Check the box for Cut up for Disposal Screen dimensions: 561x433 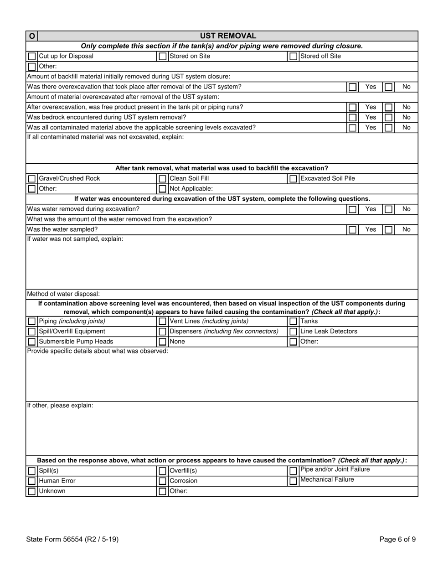[31, 57]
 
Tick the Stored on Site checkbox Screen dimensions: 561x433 [162, 57]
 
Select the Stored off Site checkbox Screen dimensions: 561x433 [294, 57]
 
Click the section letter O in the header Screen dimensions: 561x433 [31, 36]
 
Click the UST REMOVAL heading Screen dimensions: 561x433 [228, 36]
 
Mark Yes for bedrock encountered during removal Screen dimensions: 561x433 [352, 118]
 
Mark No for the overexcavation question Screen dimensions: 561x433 [388, 87]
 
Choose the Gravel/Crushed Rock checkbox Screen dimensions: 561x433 [31, 179]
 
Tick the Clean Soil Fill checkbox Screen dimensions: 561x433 [162, 179]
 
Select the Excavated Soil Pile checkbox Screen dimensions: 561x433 [294, 179]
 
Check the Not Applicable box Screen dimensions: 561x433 [162, 189]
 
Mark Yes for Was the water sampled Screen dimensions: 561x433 [352, 230]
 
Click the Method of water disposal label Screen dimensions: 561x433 [63, 294]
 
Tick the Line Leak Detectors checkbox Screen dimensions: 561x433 [294, 332]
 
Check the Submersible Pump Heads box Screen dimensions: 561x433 [31, 342]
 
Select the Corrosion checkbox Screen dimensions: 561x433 [162, 481]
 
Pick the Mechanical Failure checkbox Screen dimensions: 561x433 [294, 481]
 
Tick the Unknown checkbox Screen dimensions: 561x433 [31, 491]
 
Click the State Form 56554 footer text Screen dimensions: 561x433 [72, 540]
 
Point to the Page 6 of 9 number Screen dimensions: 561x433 [397, 540]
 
